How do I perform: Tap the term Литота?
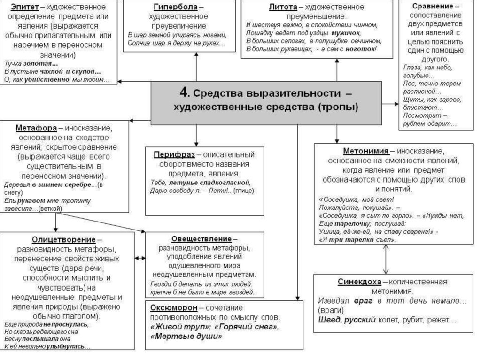[283, 7]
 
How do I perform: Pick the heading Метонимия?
[365, 151]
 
